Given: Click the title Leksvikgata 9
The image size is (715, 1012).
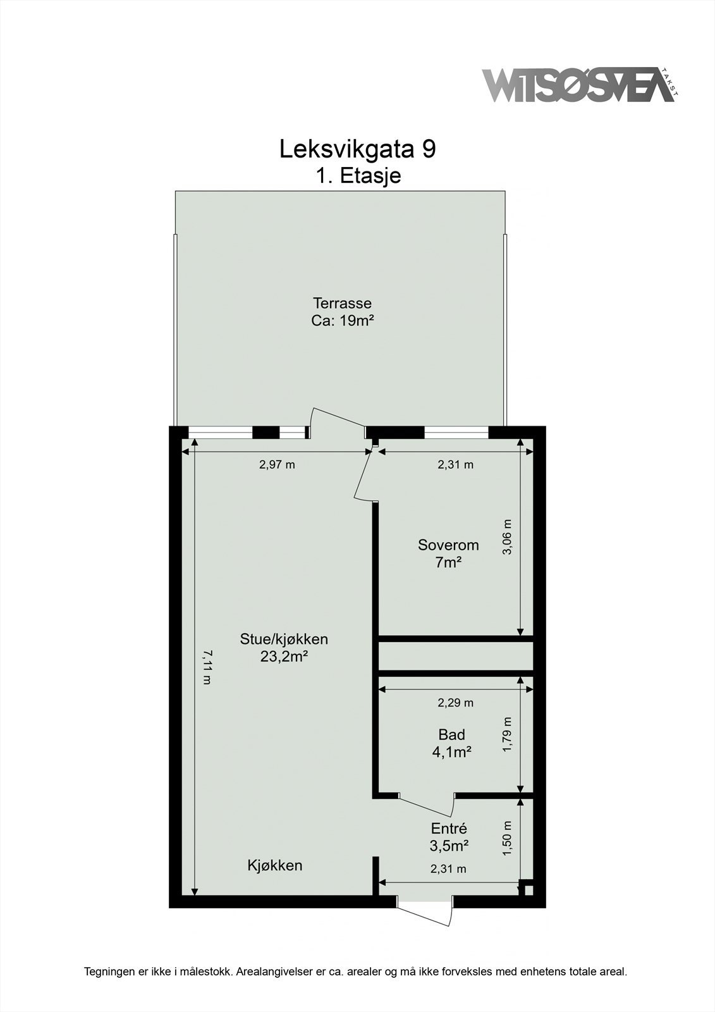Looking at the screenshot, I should coord(357,149).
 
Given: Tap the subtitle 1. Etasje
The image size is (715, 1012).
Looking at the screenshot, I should coord(358,175).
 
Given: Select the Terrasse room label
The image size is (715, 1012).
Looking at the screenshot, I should coord(342,303).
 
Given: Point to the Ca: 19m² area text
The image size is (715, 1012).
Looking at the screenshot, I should coord(342,321).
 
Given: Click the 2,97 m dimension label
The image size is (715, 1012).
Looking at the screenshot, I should coord(277,465).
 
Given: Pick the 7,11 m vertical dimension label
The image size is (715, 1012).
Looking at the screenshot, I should coord(206,667).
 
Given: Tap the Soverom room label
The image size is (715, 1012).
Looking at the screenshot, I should coord(448,545).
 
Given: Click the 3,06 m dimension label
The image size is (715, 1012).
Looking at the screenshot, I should coord(507,537).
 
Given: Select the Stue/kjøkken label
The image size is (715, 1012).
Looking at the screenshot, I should coord(284,639).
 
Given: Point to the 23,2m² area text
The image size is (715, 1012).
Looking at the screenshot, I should coord(284,657).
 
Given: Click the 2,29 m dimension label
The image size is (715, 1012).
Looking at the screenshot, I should coord(455,702).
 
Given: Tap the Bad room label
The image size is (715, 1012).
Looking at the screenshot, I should coord(451,734).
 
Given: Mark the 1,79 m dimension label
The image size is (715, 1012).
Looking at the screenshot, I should coord(507,735).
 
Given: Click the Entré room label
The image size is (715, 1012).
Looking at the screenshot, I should coord(449,828).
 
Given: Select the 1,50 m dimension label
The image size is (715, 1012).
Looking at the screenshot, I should coord(507,839).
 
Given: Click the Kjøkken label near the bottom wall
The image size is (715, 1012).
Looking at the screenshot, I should coord(274,865).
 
